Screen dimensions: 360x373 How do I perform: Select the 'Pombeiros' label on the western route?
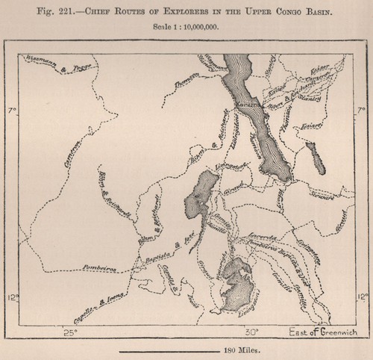point(97,266)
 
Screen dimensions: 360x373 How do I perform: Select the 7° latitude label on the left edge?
point(10,111)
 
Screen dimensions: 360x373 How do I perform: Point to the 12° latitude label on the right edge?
point(364,297)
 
